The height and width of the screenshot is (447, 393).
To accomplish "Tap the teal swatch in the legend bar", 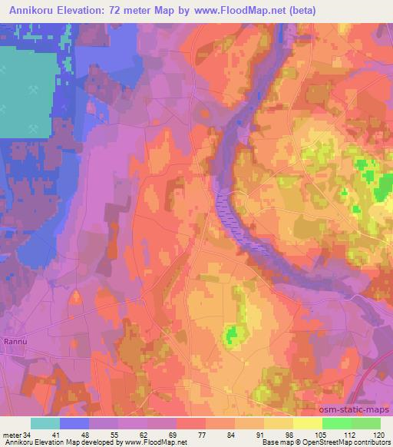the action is pos(45,422).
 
